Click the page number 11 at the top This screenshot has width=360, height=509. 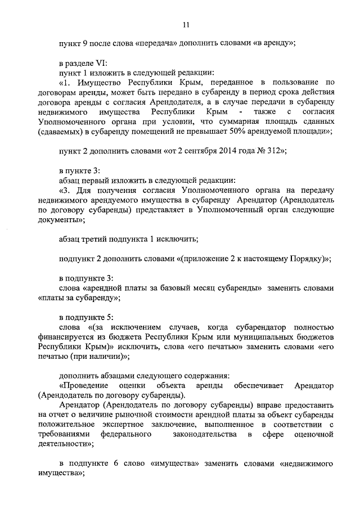pyautogui.click(x=186, y=24)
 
